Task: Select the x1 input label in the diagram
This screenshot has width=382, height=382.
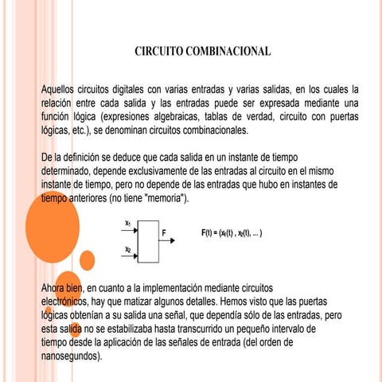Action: (128, 223)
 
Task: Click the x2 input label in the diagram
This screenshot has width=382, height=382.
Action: (128, 249)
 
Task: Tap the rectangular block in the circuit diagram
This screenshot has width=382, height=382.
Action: (148, 240)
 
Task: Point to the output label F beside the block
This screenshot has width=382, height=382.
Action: (164, 234)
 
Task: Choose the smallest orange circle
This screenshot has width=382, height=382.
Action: (88, 259)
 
